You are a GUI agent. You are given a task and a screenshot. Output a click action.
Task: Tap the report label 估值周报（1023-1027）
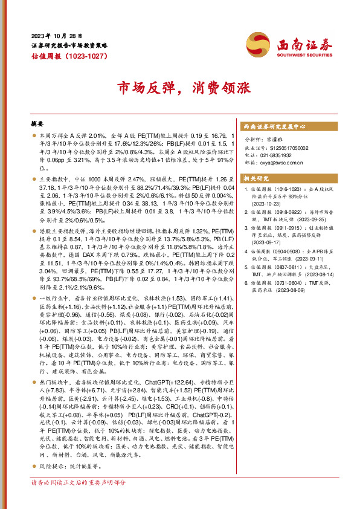point(69,56)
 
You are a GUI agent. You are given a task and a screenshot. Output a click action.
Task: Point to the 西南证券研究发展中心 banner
point(274,127)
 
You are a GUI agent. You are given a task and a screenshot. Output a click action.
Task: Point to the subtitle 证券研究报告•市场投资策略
point(69,45)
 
